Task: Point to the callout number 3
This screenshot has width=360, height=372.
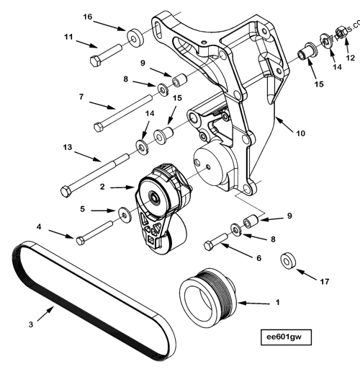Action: coord(31,324)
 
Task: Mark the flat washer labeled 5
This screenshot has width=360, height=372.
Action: coord(125,214)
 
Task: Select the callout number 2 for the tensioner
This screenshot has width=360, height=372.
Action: coord(102,186)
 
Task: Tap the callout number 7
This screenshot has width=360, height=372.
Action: coord(82,97)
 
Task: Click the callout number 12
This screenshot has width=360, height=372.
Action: coord(351,57)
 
